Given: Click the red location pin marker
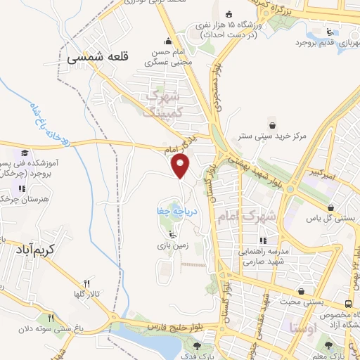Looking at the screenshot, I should tap(181, 166).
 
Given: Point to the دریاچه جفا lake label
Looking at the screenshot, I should tap(173, 210).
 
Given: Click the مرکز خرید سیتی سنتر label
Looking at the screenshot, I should tap(281, 134).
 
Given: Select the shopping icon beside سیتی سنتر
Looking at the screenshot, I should tap(269, 120).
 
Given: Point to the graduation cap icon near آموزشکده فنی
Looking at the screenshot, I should tap(25, 153).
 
